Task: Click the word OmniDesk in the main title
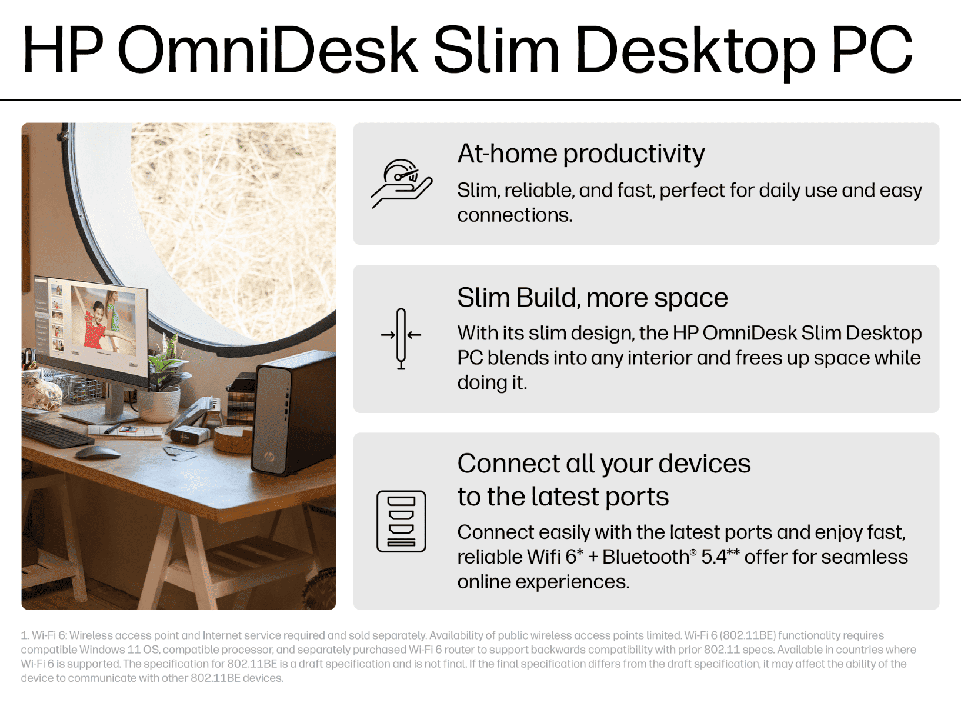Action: tap(268, 50)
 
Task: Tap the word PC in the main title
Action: tap(872, 50)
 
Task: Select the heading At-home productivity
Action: tap(581, 154)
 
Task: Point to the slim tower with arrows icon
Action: tap(401, 339)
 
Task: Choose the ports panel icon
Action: tap(401, 521)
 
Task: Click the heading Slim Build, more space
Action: tap(592, 298)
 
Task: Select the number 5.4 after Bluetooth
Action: tap(714, 557)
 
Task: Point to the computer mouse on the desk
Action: tap(98, 452)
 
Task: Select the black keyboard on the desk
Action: tap(56, 431)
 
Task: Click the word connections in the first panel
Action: tap(515, 215)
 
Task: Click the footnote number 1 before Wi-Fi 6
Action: tap(25, 635)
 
